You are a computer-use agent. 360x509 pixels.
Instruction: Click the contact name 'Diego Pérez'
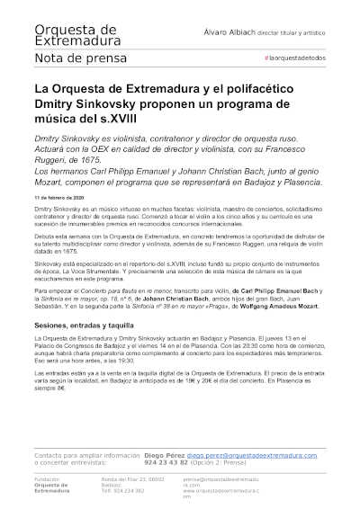(x=166, y=456)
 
